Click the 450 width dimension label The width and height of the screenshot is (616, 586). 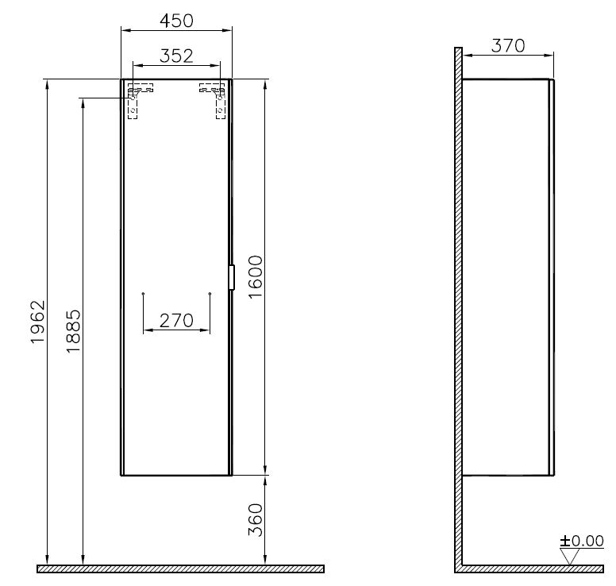175,20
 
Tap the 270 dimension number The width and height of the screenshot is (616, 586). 176,320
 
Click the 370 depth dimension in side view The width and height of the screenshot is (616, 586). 507,45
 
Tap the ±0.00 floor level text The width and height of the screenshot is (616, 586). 581,542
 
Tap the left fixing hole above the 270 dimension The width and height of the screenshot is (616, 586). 142,295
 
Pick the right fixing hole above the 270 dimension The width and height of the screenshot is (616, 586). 210,295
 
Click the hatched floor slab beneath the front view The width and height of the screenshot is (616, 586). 180,569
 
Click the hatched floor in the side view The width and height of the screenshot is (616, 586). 532,569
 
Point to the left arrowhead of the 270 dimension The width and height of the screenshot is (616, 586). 145,330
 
